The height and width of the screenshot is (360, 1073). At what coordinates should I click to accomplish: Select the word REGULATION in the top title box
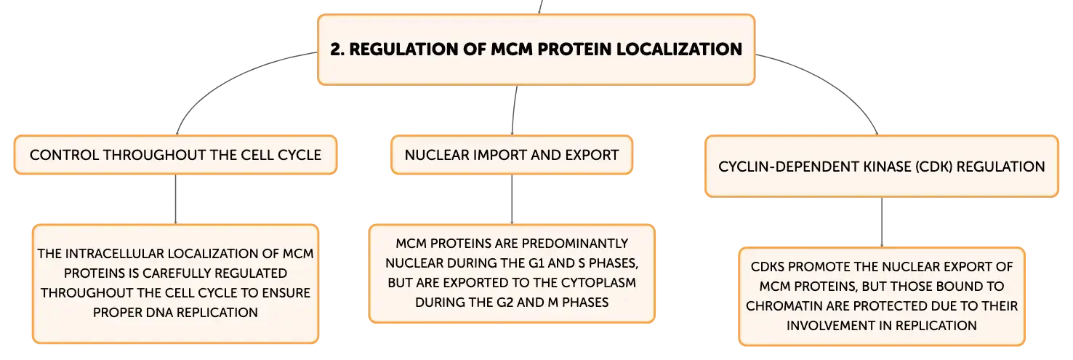coord(403,49)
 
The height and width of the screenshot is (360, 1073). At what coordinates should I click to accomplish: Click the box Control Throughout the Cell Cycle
coord(175,155)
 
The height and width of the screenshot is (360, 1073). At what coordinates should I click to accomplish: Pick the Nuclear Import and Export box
coord(512,155)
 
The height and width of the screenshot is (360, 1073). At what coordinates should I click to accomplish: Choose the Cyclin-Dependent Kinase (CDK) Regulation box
coord(881,167)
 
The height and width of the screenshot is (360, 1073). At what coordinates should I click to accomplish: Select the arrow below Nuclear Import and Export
coord(512,199)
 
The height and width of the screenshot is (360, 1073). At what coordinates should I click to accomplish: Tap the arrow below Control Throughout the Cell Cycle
coord(175,199)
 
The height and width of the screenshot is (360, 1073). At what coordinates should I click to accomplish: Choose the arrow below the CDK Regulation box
coord(881,222)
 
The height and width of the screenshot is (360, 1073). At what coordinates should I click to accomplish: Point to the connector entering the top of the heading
coord(540,7)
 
